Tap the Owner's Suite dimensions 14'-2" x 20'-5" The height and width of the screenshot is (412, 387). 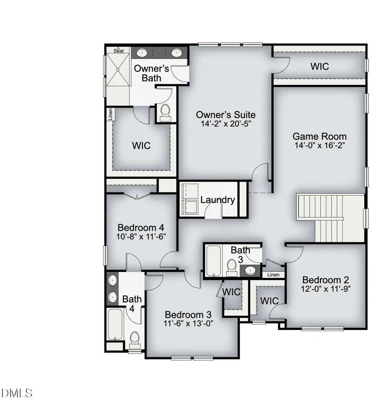[x=226, y=124]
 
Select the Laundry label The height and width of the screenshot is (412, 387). [x=218, y=200]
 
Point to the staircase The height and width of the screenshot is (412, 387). [x=330, y=217]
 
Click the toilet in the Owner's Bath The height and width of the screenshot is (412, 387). [x=165, y=113]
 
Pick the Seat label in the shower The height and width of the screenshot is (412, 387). [x=119, y=51]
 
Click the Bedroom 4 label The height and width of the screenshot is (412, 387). [x=141, y=228]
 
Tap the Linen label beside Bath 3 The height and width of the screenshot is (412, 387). [x=273, y=275]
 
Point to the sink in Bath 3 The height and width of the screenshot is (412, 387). [x=249, y=271]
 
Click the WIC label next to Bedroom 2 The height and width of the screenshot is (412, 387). [x=270, y=301]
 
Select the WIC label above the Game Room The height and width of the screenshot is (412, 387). [x=319, y=67]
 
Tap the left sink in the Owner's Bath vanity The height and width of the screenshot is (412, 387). [x=141, y=53]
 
